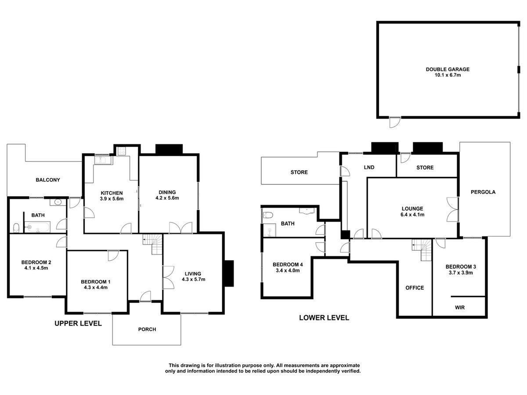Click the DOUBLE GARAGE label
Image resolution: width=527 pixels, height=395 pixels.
[448, 69]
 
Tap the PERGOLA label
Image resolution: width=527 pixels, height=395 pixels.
[483, 192]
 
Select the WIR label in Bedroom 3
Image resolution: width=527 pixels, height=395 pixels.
[459, 308]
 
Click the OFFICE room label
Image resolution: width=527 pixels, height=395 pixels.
[415, 288]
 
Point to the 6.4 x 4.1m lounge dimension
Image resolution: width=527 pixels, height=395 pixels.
[411, 215]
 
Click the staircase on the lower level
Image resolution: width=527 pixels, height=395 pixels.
[422, 251]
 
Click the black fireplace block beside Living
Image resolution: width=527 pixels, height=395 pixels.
[228, 273]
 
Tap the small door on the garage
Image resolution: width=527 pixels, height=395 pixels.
[394, 122]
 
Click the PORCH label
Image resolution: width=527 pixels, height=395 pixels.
[147, 329]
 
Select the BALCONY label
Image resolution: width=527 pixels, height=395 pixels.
[48, 180]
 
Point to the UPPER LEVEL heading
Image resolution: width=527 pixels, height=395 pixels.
[78, 323]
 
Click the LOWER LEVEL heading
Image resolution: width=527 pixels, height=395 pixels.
[324, 317]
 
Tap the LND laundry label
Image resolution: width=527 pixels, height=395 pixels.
[368, 167]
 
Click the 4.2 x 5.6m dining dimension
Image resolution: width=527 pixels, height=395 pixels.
[167, 198]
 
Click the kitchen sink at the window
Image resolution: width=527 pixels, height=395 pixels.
[105, 160]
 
